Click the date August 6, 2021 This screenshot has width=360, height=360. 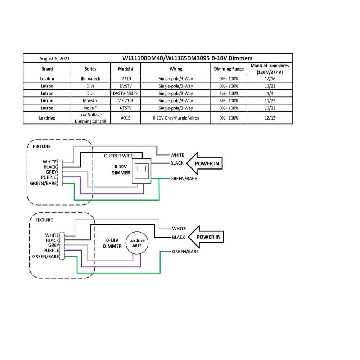pos(54,58)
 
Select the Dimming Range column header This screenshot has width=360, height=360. pos(229,69)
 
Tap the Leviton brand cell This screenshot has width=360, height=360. pos(47,78)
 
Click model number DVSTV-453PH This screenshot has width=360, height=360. pos(126,93)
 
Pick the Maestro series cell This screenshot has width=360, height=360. pos(90,101)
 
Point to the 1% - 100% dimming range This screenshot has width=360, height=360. pos(229,93)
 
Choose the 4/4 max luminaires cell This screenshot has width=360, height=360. pos(270,93)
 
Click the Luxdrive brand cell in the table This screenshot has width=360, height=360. pos(47,118)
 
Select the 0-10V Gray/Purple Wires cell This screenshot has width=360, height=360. pos(176,118)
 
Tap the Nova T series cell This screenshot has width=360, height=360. pos(90,108)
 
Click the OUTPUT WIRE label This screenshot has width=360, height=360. pos(118,156)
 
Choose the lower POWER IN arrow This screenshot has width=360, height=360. pos(207,237)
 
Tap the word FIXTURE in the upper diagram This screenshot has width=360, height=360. pos(42,147)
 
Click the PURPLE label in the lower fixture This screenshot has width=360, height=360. pos(51,251)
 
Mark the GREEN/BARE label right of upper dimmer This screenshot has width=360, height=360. pos(184,179)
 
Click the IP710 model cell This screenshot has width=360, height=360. pos(126,78)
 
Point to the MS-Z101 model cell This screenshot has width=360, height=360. pos(126,101)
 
